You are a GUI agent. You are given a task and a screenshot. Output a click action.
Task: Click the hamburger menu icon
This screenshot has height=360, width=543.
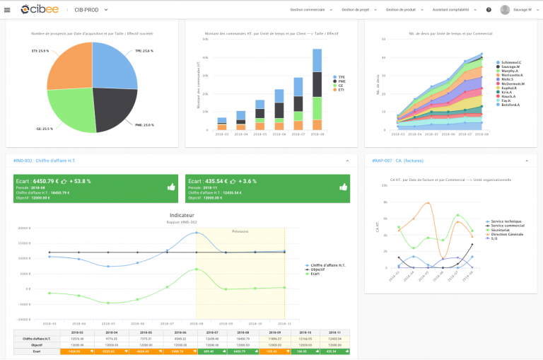(8, 10)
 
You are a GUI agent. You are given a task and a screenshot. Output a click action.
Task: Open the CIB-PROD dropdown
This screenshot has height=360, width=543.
(91, 10)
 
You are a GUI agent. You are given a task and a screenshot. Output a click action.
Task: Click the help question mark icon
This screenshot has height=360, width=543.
(489, 10)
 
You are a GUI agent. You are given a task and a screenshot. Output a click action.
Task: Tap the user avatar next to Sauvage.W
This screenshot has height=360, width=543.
(505, 10)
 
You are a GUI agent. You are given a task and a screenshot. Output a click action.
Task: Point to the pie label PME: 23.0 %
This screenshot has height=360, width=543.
(144, 124)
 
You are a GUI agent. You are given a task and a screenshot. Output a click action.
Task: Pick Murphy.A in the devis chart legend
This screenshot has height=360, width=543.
(510, 70)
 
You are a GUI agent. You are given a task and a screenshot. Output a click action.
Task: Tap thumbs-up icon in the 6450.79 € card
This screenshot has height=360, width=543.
(172, 187)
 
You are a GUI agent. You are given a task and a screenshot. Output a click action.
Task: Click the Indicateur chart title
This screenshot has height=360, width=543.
(182, 215)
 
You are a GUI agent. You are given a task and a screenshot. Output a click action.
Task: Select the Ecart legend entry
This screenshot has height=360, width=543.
(315, 274)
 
